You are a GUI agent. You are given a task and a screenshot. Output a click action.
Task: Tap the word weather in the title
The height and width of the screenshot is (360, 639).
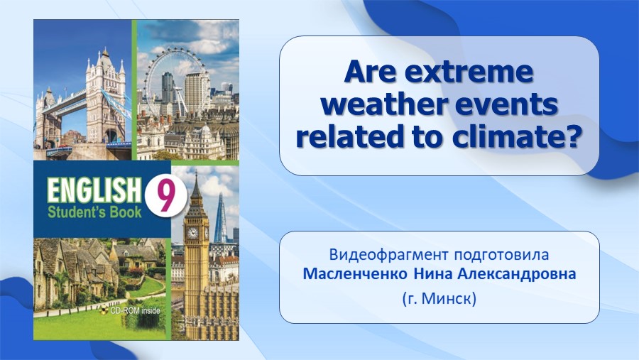coord(384,105)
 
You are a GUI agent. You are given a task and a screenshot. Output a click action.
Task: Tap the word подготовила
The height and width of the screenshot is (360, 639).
coord(502,256)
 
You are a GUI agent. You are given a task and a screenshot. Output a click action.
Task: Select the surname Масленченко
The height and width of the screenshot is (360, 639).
coord(355,274)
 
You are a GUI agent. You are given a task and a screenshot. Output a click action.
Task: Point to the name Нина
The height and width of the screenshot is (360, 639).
coord(433,274)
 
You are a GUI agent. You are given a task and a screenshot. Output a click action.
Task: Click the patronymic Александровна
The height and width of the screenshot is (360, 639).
coord(517,274)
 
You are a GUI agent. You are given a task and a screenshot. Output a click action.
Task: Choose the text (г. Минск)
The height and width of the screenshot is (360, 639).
coord(439,299)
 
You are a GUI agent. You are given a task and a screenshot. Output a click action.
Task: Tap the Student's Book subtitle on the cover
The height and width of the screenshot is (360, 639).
coord(94,212)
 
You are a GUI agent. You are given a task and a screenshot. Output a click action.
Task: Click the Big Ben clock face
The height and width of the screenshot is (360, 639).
coord(192,233)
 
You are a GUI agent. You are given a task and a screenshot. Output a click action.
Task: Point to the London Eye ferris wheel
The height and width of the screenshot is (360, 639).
coord(175,80)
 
